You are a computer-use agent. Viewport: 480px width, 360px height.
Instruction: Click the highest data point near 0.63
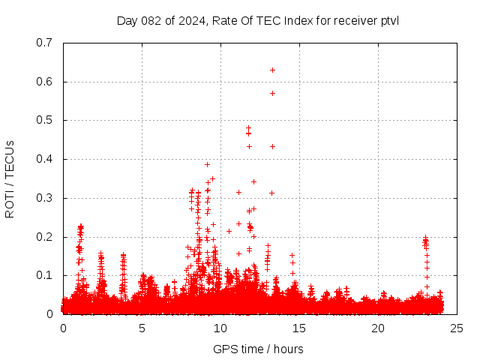click(x=272, y=70)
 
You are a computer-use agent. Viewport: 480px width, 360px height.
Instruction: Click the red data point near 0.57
click(x=272, y=93)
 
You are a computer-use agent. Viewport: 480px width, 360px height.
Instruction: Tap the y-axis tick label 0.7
click(x=43, y=43)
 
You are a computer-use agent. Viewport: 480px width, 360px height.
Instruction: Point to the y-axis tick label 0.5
click(x=43, y=120)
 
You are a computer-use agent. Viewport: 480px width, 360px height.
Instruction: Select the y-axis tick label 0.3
click(x=43, y=198)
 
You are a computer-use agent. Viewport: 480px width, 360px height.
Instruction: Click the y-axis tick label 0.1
click(x=43, y=275)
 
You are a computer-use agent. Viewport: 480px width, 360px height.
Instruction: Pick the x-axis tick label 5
click(x=142, y=328)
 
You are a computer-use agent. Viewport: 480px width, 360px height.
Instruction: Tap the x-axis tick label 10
click(x=220, y=328)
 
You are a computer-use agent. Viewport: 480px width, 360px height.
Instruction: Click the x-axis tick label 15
click(x=299, y=328)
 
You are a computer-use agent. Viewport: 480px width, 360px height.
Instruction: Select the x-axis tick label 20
click(x=378, y=328)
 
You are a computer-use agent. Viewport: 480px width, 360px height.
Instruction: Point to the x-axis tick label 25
click(x=457, y=328)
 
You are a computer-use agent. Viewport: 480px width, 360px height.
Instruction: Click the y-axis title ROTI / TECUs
click(x=10, y=178)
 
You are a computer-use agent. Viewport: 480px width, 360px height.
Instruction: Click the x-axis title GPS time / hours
click(x=258, y=349)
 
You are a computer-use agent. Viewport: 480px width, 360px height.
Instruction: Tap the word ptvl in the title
click(x=388, y=20)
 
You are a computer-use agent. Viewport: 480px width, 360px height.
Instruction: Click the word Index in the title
click(x=298, y=20)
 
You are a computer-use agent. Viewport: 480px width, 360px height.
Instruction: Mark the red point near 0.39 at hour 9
click(x=208, y=164)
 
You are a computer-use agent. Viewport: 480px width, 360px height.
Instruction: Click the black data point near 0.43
click(x=272, y=146)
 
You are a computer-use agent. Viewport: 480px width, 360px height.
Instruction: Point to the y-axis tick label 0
click(x=49, y=314)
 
